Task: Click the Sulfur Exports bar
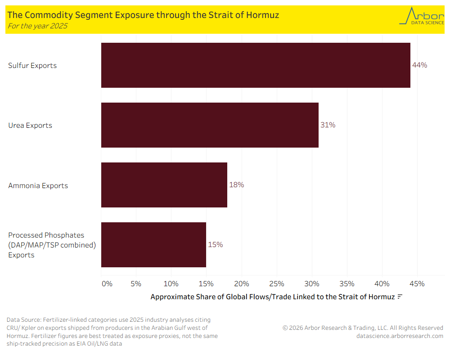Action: coord(256,65)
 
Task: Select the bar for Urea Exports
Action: coord(210,125)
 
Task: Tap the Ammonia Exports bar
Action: coord(164,185)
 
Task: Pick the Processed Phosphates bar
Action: coord(153,245)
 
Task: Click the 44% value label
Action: coord(419,65)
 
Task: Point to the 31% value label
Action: coord(328,125)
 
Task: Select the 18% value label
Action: coord(236,184)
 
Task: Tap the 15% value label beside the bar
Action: coord(215,244)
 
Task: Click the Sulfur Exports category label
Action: coord(32,65)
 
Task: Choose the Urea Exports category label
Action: coord(30,125)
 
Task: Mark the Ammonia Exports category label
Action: coord(38,185)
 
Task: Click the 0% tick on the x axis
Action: coord(107,283)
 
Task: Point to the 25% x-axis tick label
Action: coord(277,283)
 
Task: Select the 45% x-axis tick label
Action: coord(417,283)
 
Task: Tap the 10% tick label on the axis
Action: coord(171,283)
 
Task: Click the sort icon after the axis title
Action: coord(400,297)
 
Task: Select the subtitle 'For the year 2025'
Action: coord(37,26)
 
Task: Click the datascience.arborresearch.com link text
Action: coord(399,336)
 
